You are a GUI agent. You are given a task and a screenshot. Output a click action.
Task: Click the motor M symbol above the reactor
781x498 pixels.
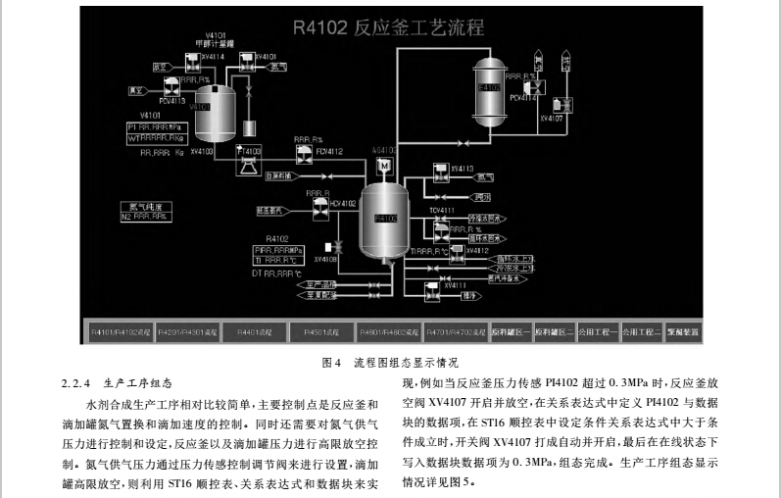tap(384, 166)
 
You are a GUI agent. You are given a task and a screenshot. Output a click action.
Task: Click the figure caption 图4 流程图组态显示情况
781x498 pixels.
tap(390, 362)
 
